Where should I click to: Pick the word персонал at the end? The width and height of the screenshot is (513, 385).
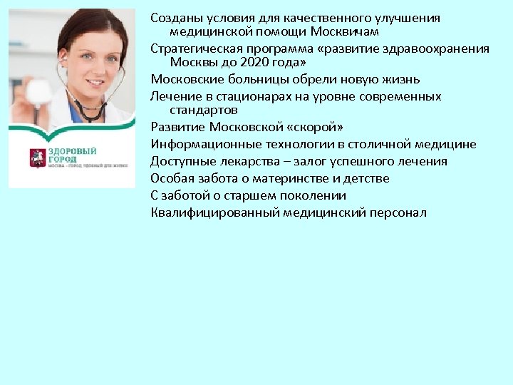tap(396, 212)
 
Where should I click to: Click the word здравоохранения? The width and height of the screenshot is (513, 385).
tap(442, 48)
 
